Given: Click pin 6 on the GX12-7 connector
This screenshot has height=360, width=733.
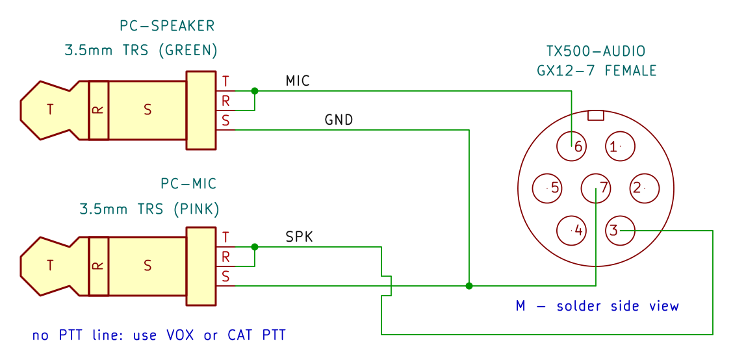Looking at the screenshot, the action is (x=571, y=146).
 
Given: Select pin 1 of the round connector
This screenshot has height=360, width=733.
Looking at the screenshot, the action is (x=621, y=146).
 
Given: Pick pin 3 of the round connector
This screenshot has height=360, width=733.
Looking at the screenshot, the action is (x=621, y=230).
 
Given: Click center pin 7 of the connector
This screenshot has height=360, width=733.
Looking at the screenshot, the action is (x=596, y=188).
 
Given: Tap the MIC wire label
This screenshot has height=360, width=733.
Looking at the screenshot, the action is (x=298, y=81).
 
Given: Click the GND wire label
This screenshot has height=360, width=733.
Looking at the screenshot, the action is (x=339, y=120).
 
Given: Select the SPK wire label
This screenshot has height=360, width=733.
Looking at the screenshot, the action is (x=299, y=237).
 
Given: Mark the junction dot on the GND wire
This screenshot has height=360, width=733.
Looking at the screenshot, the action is (x=469, y=286).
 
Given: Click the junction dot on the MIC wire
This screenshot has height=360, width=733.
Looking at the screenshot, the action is (x=254, y=91).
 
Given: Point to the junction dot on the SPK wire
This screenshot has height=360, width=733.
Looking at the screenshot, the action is (x=254, y=246).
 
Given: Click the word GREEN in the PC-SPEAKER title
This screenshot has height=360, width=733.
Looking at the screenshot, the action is (x=187, y=50).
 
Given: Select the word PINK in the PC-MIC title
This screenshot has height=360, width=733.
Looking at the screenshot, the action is (x=196, y=209).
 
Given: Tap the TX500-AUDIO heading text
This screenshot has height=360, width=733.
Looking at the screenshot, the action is (x=595, y=51).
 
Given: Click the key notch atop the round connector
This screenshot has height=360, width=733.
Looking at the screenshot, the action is (x=596, y=115).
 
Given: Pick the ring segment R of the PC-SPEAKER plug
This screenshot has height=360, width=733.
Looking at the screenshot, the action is (x=99, y=110).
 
